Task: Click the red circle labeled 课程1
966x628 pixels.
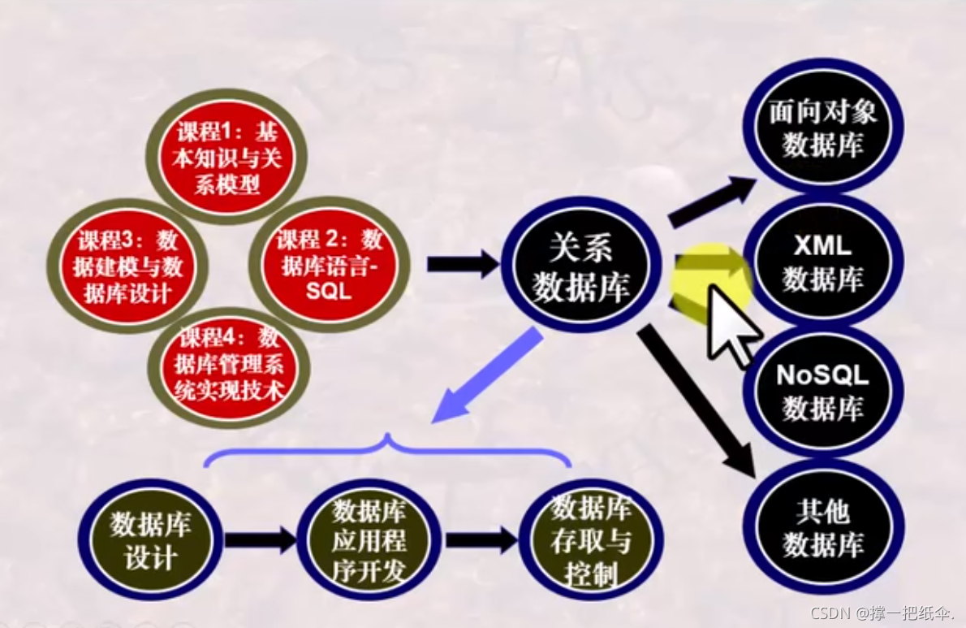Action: (226, 156)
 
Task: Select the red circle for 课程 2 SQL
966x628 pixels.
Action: (328, 265)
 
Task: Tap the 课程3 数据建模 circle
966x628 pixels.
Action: (127, 266)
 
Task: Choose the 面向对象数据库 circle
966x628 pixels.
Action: (822, 126)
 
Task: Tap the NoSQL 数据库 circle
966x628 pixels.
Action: (822, 391)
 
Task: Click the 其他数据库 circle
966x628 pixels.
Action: (822, 528)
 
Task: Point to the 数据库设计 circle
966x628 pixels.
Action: (149, 539)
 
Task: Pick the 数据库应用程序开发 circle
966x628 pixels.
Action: (369, 539)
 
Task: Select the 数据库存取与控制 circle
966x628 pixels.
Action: (590, 539)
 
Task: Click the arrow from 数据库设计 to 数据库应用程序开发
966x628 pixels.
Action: (260, 539)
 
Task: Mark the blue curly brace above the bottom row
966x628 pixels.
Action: (388, 451)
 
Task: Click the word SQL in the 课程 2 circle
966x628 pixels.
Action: (329, 290)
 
